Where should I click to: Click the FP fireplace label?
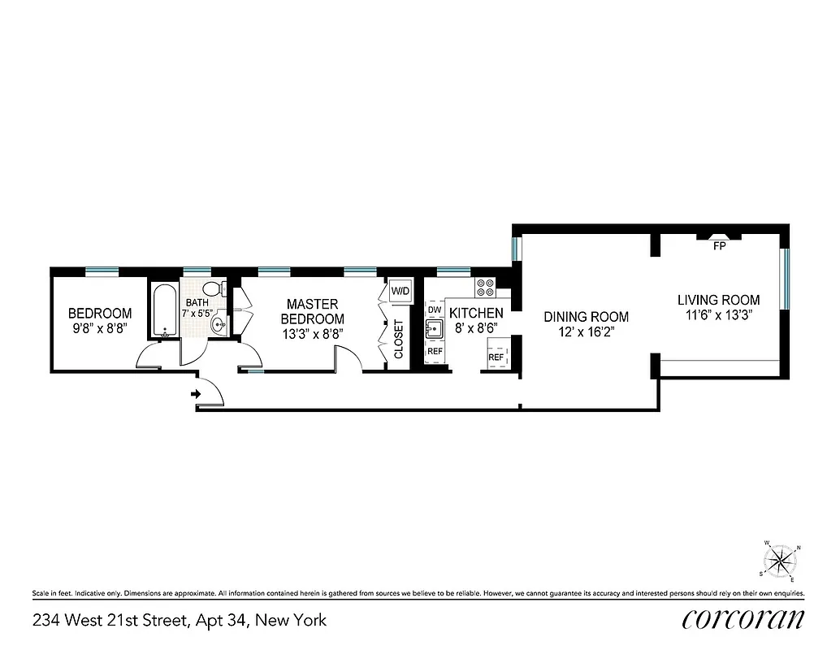(719, 246)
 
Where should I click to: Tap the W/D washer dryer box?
(400, 291)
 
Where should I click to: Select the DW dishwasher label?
(435, 310)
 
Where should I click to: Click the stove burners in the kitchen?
(486, 288)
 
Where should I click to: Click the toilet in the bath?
(213, 290)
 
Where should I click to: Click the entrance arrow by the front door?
(195, 395)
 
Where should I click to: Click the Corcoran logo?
(743, 619)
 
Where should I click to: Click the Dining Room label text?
(586, 317)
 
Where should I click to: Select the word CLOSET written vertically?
(399, 340)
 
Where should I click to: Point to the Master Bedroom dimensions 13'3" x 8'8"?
(313, 334)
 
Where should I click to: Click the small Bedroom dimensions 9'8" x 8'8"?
(99, 329)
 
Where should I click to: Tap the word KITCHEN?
(476, 313)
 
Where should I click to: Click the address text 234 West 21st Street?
(179, 621)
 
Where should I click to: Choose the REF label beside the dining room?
(496, 357)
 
